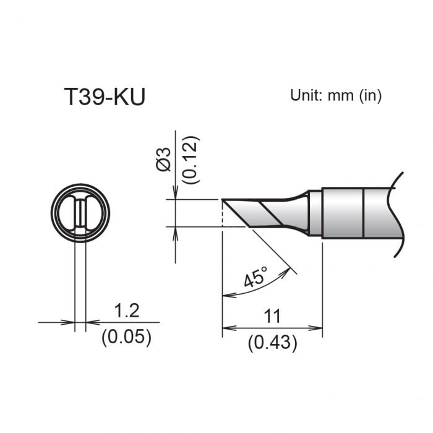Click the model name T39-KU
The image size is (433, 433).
point(105,97)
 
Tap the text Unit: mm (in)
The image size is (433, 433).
point(336,95)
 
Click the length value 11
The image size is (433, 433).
point(272,317)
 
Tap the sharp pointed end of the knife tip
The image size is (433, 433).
point(223,200)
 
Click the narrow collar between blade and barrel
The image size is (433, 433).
point(315,213)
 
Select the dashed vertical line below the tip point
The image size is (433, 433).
point(222,213)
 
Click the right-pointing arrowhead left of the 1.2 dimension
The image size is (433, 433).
point(70,322)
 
